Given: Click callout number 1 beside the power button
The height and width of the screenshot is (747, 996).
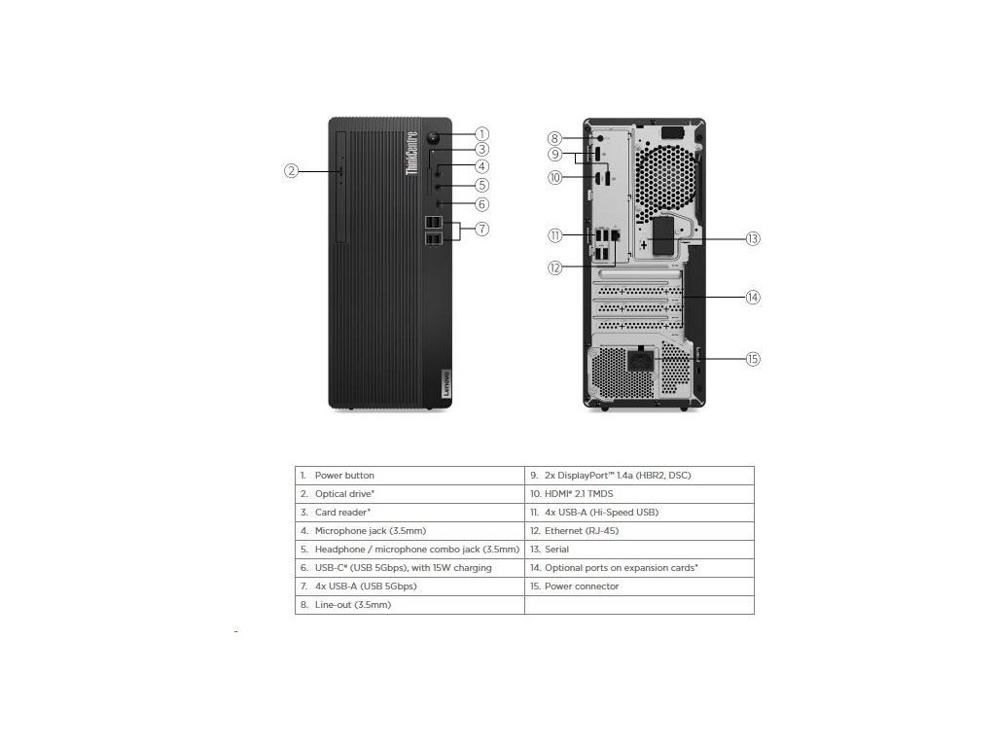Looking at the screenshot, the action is [x=482, y=134].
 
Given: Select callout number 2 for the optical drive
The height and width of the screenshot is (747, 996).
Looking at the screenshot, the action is [x=291, y=170].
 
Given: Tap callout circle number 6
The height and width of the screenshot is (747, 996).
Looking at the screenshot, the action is [x=482, y=204].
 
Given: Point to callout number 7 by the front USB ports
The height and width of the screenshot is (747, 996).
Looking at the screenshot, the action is [x=482, y=230].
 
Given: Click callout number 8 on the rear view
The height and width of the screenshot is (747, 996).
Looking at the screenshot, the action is [x=554, y=138].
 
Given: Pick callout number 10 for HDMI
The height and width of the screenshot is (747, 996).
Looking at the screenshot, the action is [x=554, y=177].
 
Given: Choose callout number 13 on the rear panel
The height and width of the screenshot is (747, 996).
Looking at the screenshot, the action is [x=753, y=238].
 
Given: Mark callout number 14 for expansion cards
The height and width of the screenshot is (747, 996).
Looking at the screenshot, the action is [x=753, y=297].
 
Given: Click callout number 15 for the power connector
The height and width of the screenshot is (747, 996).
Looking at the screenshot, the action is [x=753, y=359].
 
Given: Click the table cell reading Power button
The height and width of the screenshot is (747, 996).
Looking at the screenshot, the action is [x=409, y=476].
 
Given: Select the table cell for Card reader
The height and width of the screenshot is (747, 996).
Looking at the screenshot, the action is [x=409, y=513].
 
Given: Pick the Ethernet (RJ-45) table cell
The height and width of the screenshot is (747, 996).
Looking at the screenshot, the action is [x=639, y=531].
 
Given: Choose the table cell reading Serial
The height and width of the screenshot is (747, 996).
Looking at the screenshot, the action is [x=639, y=550].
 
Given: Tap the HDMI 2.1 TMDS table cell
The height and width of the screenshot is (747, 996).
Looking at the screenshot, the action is [x=639, y=494].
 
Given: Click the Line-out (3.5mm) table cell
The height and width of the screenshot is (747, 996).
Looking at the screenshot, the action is [x=409, y=605].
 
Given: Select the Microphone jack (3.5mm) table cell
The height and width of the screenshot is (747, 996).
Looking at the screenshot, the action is [x=409, y=531].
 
